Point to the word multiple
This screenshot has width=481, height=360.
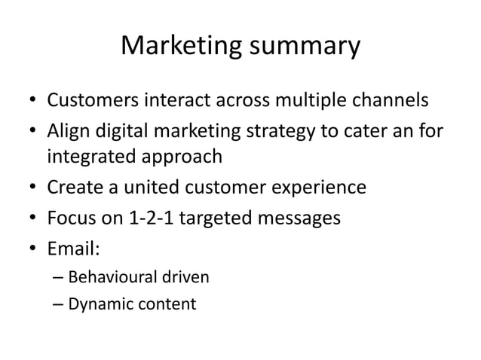click(x=286, y=99)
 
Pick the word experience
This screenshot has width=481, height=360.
click(x=316, y=187)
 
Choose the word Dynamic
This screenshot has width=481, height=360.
click(x=96, y=305)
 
